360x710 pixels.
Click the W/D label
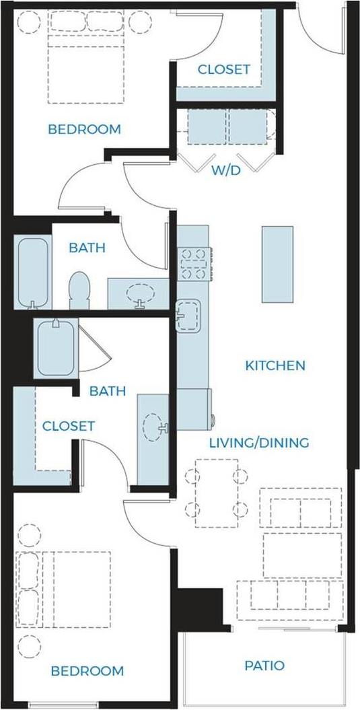(226, 170)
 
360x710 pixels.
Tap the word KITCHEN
(275, 366)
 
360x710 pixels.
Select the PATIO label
(264, 666)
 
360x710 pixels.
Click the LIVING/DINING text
(258, 443)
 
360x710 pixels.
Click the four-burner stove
(194, 264)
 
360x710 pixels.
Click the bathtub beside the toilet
(32, 271)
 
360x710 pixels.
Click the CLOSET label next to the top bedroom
(223, 69)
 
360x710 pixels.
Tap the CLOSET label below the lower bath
(68, 426)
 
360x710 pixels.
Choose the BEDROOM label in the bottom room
(88, 671)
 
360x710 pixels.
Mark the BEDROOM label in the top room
(85, 129)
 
